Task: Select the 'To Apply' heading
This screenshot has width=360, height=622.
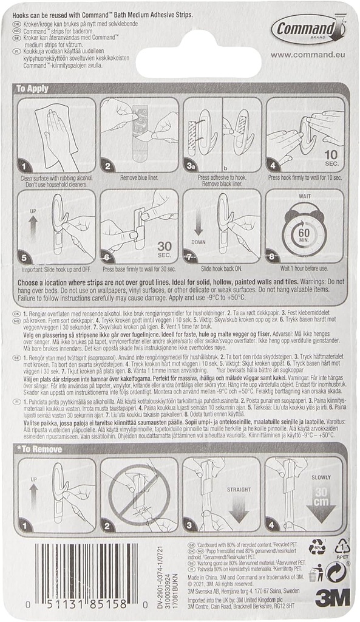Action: pyautogui.click(x=38, y=88)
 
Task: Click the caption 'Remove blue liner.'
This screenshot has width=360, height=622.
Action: pyautogui.click(x=139, y=177)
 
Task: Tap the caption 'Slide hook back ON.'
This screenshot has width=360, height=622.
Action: pyautogui.click(x=222, y=268)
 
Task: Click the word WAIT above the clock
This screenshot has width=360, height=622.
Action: pyautogui.click(x=305, y=197)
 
